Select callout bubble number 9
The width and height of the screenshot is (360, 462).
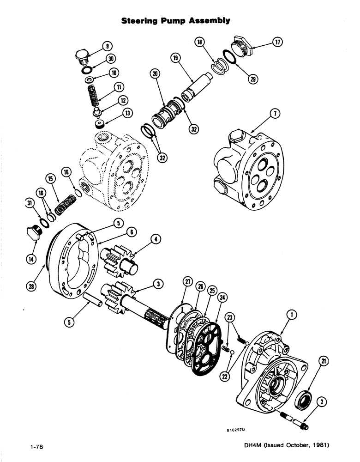click(x=107, y=45)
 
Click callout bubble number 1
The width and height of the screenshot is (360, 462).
click(x=291, y=315)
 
